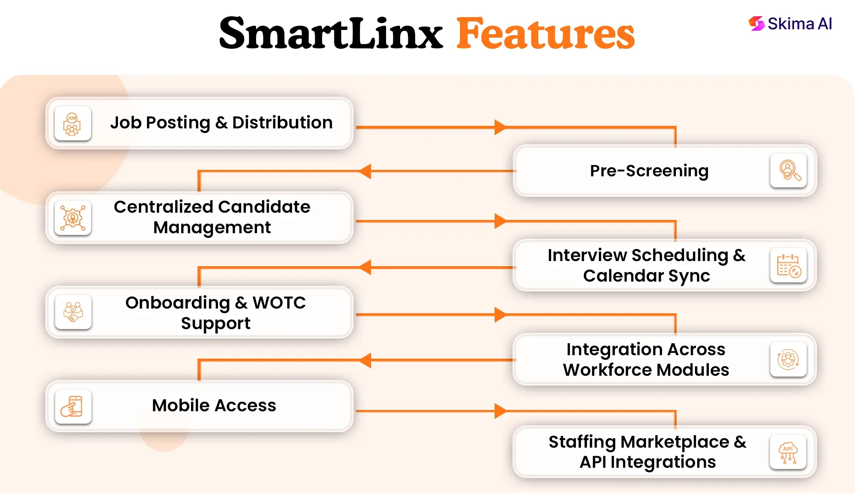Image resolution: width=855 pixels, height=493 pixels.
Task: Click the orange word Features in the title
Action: (x=545, y=33)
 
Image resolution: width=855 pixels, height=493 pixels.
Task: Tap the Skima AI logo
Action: (x=790, y=24)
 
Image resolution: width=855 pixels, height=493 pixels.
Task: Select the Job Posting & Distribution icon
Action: (x=73, y=123)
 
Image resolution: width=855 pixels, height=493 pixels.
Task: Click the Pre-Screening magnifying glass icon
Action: (x=789, y=170)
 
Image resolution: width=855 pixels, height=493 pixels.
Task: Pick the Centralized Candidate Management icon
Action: (x=73, y=218)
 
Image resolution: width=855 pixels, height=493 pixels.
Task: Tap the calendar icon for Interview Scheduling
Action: (x=789, y=265)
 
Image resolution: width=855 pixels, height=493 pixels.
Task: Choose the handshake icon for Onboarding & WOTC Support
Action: (x=73, y=312)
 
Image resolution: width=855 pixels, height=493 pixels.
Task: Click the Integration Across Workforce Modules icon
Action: (x=789, y=359)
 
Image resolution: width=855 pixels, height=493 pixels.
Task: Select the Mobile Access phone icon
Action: (x=73, y=406)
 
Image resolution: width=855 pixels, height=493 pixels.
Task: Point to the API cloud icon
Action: (x=788, y=452)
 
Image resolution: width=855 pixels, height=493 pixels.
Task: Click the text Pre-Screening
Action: (x=649, y=171)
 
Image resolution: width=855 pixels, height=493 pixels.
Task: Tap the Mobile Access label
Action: (x=214, y=405)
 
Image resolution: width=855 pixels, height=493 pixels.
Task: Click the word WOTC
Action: (x=279, y=303)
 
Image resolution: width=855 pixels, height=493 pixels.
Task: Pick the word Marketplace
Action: (x=675, y=442)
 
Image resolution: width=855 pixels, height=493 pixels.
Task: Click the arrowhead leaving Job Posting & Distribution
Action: (x=500, y=127)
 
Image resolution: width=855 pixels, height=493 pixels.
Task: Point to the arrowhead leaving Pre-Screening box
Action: (x=365, y=171)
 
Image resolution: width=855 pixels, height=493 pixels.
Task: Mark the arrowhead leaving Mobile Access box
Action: (x=500, y=411)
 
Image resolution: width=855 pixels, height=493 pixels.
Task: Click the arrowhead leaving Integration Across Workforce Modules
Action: (x=365, y=360)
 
